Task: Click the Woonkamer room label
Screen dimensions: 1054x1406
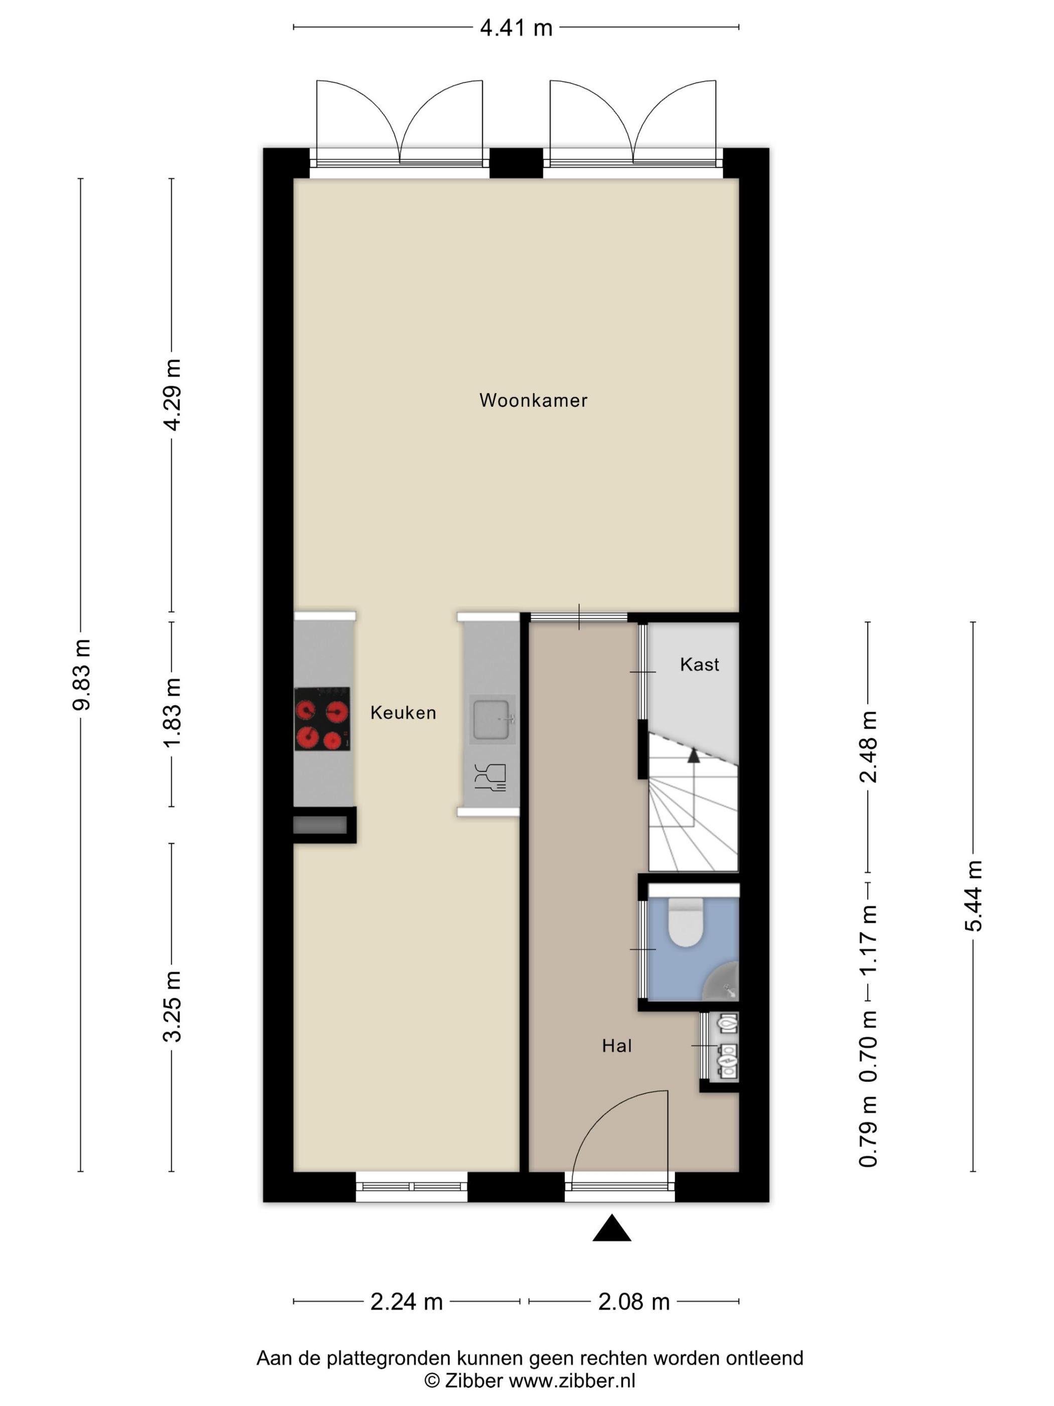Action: tap(533, 400)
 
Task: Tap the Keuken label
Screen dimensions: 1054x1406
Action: tap(404, 713)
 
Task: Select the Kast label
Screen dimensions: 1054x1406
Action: tap(700, 664)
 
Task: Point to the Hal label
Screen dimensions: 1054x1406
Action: tap(617, 1045)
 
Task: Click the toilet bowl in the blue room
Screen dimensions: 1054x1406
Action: tap(685, 921)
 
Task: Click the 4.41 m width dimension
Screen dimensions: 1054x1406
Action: tap(516, 28)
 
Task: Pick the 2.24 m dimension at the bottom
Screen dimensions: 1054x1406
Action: tap(407, 1302)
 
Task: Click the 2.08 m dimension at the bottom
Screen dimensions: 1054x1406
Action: tap(634, 1302)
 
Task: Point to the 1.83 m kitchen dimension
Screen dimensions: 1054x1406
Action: tap(172, 712)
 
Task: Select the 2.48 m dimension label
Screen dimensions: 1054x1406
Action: tap(868, 747)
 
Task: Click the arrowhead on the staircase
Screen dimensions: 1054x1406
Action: tap(693, 755)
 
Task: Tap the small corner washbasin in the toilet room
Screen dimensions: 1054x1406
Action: tap(722, 983)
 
